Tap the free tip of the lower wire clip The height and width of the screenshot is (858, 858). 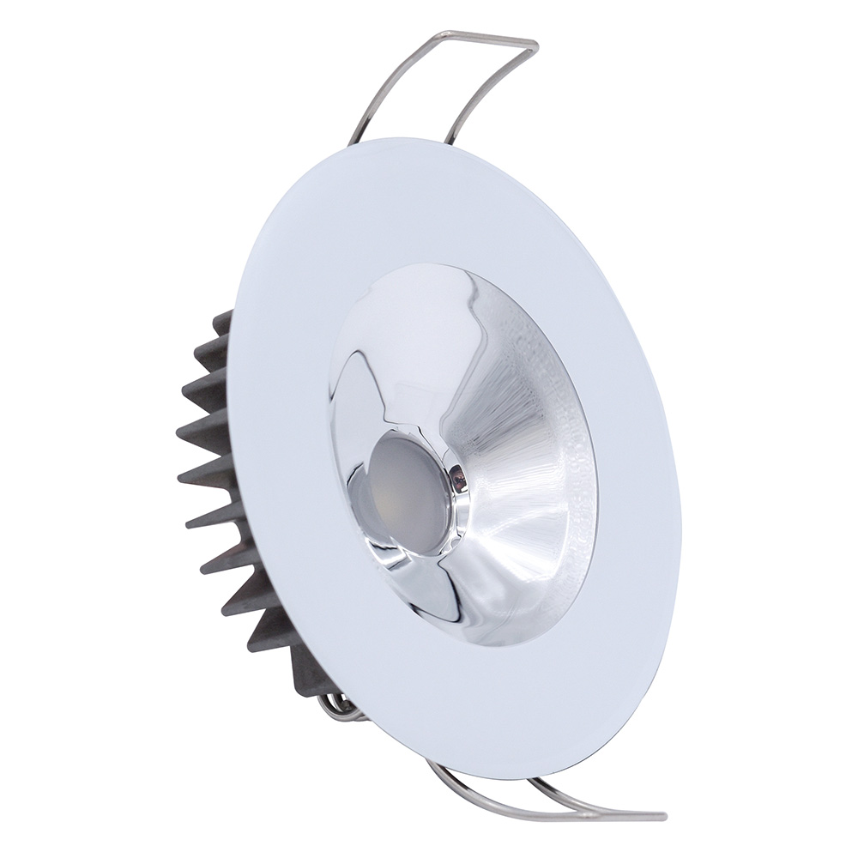[661, 815]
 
